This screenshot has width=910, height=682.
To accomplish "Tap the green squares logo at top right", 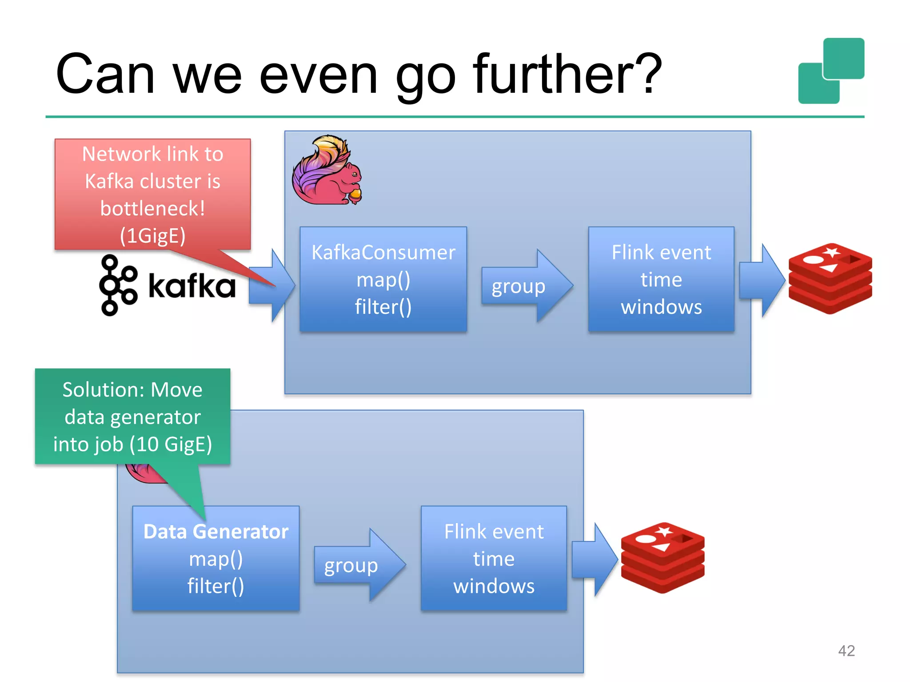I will (x=831, y=71).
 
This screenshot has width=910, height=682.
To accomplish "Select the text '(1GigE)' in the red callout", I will (x=152, y=236).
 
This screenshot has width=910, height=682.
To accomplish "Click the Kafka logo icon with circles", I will (x=117, y=285).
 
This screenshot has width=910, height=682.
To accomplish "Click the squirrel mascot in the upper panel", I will (x=327, y=171).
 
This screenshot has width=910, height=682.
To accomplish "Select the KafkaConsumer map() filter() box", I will (x=383, y=279).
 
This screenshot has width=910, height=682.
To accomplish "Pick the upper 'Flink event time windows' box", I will (x=661, y=279).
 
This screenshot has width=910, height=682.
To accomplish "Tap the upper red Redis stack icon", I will (x=830, y=278).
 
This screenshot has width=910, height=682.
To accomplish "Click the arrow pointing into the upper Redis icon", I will (x=761, y=280).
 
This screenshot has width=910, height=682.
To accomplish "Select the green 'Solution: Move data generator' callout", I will (x=132, y=416).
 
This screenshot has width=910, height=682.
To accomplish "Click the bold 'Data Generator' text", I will (x=216, y=531).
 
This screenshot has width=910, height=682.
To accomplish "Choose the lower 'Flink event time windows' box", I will (x=494, y=559).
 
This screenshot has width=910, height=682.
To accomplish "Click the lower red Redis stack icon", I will (x=663, y=558).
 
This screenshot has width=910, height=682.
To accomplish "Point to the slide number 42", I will (x=846, y=650).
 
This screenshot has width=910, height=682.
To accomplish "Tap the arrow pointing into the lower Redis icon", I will (x=594, y=559).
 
